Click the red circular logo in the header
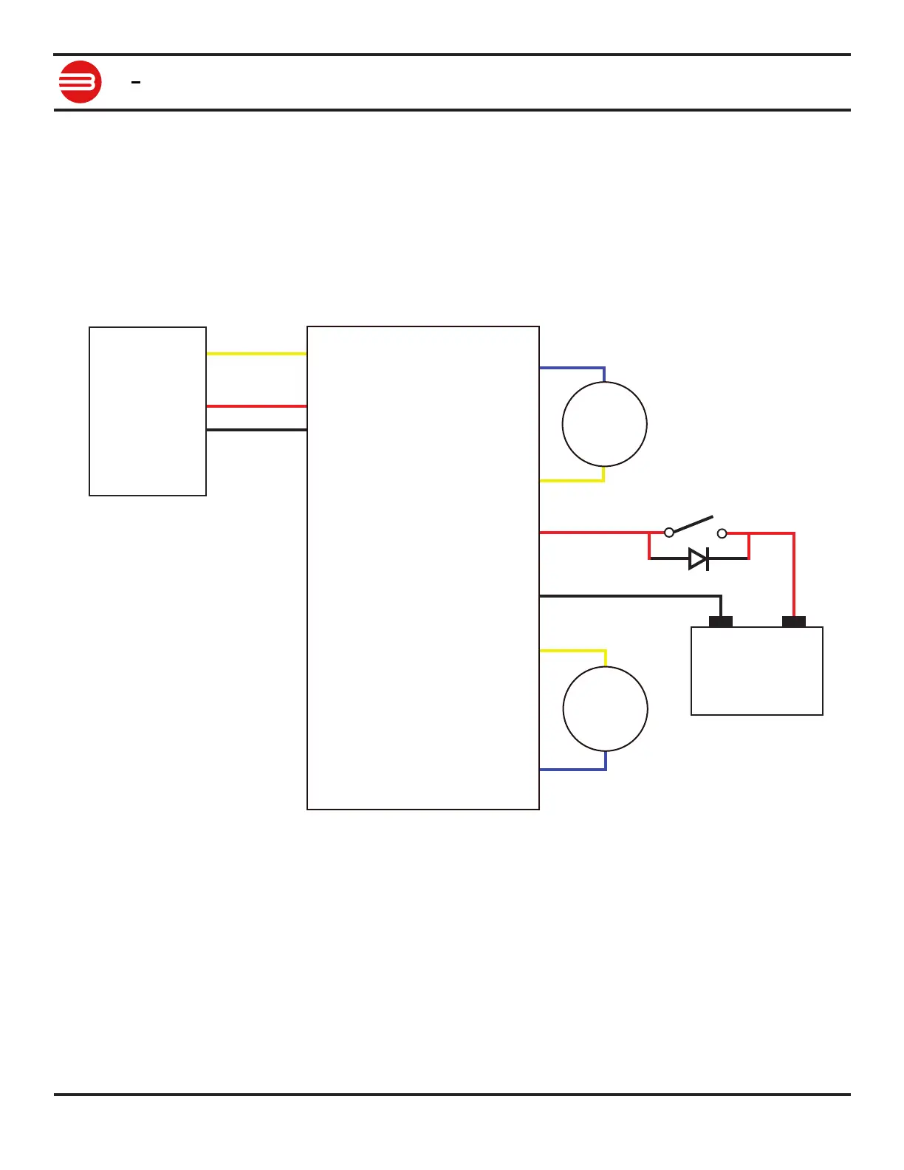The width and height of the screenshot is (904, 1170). click(x=80, y=82)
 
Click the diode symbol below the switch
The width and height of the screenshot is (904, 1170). click(x=698, y=559)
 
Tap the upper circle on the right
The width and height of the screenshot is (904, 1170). click(x=604, y=424)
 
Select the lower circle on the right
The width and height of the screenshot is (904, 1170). click(x=605, y=709)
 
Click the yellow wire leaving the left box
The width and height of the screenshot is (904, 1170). click(x=256, y=354)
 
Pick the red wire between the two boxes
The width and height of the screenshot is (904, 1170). click(x=256, y=406)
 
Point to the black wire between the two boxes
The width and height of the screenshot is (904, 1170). click(x=256, y=430)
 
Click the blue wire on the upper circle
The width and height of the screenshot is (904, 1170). click(x=572, y=368)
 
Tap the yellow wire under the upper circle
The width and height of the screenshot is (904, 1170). click(x=572, y=481)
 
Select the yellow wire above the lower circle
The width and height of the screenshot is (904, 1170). click(x=572, y=651)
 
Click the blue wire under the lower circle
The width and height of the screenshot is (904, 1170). click(x=572, y=770)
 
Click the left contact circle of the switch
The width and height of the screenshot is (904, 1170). click(x=669, y=532)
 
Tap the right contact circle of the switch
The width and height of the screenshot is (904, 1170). click(x=722, y=533)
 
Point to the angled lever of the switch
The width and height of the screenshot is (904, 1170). click(x=693, y=524)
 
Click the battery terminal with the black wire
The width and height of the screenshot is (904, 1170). click(x=721, y=622)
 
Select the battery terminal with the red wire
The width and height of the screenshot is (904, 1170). click(x=794, y=622)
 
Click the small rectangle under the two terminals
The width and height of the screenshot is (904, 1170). click(x=757, y=671)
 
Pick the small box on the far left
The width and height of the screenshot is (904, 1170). click(x=148, y=411)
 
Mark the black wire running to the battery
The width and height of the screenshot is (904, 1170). click(x=628, y=595)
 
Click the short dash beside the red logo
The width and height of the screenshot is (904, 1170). click(x=136, y=83)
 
